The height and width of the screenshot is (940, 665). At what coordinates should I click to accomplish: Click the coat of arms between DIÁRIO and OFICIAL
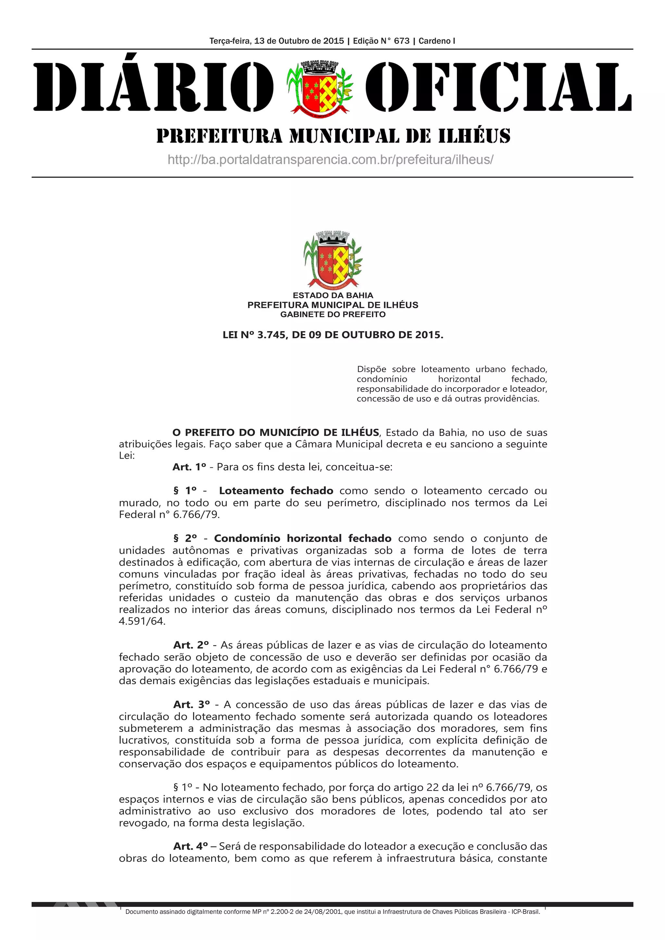tap(320, 87)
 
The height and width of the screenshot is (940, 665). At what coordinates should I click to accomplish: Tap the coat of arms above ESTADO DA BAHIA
tap(332, 260)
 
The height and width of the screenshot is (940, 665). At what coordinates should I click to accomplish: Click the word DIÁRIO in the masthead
tap(153, 87)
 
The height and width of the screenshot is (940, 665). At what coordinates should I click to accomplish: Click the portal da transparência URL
tap(331, 159)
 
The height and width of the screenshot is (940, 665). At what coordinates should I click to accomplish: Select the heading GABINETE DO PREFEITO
tap(333, 315)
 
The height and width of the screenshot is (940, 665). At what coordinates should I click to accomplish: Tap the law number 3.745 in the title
tap(271, 335)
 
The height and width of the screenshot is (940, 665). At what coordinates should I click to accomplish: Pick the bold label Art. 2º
tap(191, 645)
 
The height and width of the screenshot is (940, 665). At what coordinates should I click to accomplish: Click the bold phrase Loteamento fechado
tap(276, 490)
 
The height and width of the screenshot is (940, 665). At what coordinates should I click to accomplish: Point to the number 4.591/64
tap(142, 621)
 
